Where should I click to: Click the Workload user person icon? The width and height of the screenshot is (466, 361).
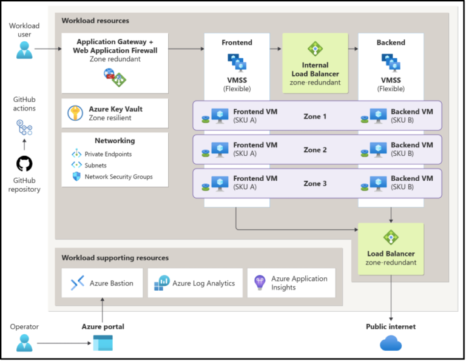[x=24, y=50]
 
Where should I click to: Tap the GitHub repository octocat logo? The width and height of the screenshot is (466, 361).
[x=24, y=164]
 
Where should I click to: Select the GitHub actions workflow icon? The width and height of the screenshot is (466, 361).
[x=24, y=127]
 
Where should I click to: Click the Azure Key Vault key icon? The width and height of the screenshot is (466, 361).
[x=76, y=113]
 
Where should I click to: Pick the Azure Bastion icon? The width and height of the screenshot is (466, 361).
[x=77, y=283]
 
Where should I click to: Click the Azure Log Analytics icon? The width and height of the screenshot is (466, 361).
[x=162, y=283]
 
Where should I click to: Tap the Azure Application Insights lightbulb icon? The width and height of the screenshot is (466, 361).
[x=260, y=283]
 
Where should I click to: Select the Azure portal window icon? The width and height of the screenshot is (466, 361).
[x=103, y=343]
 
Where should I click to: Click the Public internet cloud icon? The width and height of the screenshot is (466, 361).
[x=390, y=344]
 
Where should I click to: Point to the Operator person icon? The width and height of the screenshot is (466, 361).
[x=24, y=343]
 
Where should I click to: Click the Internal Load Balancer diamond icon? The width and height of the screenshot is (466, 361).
[x=315, y=49]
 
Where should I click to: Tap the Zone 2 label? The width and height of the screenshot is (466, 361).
[x=315, y=150]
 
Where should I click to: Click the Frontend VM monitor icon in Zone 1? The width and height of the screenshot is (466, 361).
[x=220, y=115]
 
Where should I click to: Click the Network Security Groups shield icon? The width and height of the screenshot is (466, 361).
[x=76, y=177]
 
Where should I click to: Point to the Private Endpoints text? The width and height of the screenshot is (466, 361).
[x=108, y=154]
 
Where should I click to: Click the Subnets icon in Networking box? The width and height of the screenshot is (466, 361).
[x=76, y=165]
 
